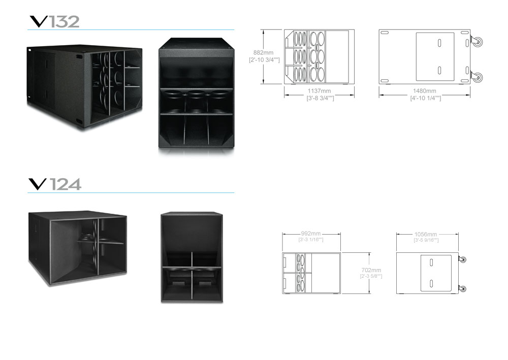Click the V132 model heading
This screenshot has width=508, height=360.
coord(54,22)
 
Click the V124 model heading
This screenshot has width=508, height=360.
coord(55,184)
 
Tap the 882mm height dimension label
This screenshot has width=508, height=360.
coord(263,52)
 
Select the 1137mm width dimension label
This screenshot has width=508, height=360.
coord(319,91)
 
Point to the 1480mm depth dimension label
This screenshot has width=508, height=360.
coord(424,91)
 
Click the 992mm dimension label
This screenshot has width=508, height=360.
coord(311,234)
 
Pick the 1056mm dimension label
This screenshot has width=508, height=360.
coord(426,234)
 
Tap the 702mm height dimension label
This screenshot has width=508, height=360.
coord(371,270)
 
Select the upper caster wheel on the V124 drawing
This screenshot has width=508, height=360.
coord(463,259)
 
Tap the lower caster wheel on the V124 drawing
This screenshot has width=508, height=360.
coord(463,289)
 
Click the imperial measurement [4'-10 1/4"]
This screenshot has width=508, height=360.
coord(425,98)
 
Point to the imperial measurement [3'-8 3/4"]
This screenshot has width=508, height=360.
coord(320,98)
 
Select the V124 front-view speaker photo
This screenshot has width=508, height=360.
coord(192,257)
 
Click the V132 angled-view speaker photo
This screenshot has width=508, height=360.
coord(84,88)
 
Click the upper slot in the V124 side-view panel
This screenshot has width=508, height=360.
coord(431,263)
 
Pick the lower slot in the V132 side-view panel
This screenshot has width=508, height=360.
coord(439,70)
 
